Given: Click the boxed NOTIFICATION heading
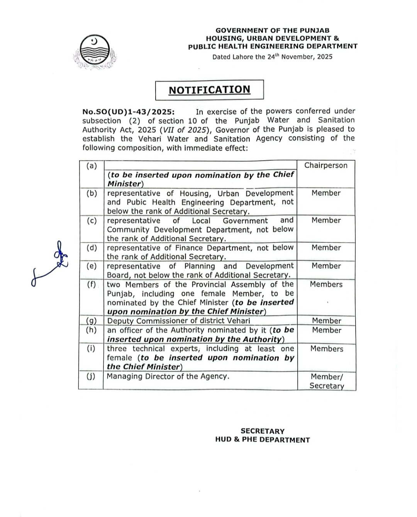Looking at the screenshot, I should coord(209,90).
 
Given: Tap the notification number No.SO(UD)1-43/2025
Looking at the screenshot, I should coord(128,112).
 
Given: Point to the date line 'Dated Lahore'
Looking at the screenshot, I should coord(272,57).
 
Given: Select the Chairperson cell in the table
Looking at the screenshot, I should coord(326,165).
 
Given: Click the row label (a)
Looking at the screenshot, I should coord(92,166).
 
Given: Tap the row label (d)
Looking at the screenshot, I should coord(92,248).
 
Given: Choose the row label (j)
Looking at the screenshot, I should coord(91,376).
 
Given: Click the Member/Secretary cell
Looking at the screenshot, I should coord(327,381).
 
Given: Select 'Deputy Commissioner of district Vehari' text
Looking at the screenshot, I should coord(178,321).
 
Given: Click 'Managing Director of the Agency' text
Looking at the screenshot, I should coord(168,376).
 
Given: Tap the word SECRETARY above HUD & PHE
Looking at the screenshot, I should coord(263,431).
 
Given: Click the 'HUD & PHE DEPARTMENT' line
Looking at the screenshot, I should coord(263,440).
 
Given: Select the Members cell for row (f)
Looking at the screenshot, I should coord(326,284).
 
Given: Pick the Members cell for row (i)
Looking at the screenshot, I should coord(327,349).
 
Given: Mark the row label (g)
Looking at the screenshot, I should coord(91,320).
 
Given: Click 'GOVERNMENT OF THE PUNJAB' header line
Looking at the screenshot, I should coord(272,30).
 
